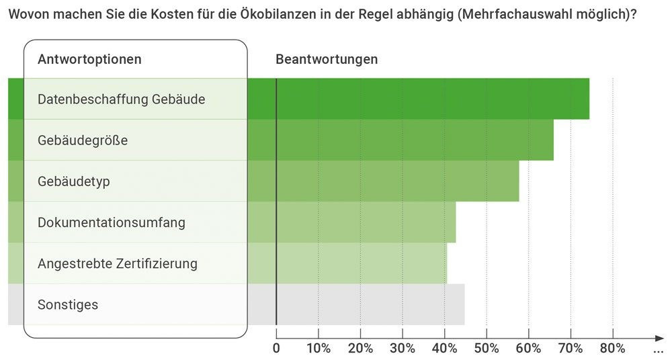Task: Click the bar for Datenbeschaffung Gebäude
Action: click(x=432, y=99)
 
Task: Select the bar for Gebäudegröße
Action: click(x=415, y=140)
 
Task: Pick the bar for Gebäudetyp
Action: click(x=397, y=181)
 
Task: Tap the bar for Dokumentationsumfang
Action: click(x=366, y=222)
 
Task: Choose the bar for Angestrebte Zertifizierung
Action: click(x=362, y=263)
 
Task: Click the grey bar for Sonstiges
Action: click(x=370, y=304)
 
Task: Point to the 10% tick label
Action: click(x=319, y=349)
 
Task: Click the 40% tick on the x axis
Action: click(x=444, y=349)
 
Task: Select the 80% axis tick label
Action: click(x=612, y=349)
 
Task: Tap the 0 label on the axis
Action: click(x=276, y=349)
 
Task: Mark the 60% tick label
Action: click(x=528, y=349)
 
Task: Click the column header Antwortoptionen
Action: click(x=89, y=59)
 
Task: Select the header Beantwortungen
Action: click(x=327, y=59)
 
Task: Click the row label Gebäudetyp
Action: click(x=74, y=182)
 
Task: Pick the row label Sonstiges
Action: click(x=68, y=305)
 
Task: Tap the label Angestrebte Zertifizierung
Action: click(x=118, y=263)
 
